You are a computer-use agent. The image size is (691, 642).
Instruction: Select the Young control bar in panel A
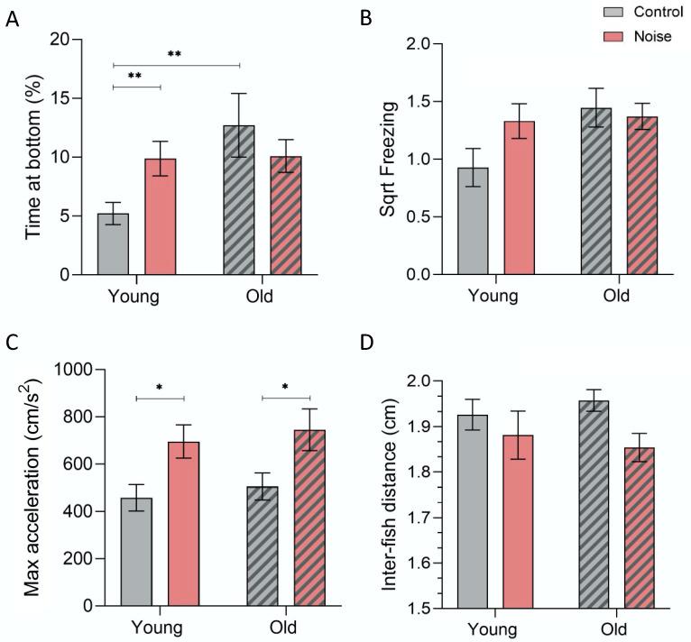click(x=113, y=243)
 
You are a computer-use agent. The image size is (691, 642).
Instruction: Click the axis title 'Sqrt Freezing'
click(x=387, y=160)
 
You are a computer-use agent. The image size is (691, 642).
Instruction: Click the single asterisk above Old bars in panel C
click(x=286, y=389)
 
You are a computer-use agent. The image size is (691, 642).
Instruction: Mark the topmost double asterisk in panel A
click(x=175, y=54)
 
